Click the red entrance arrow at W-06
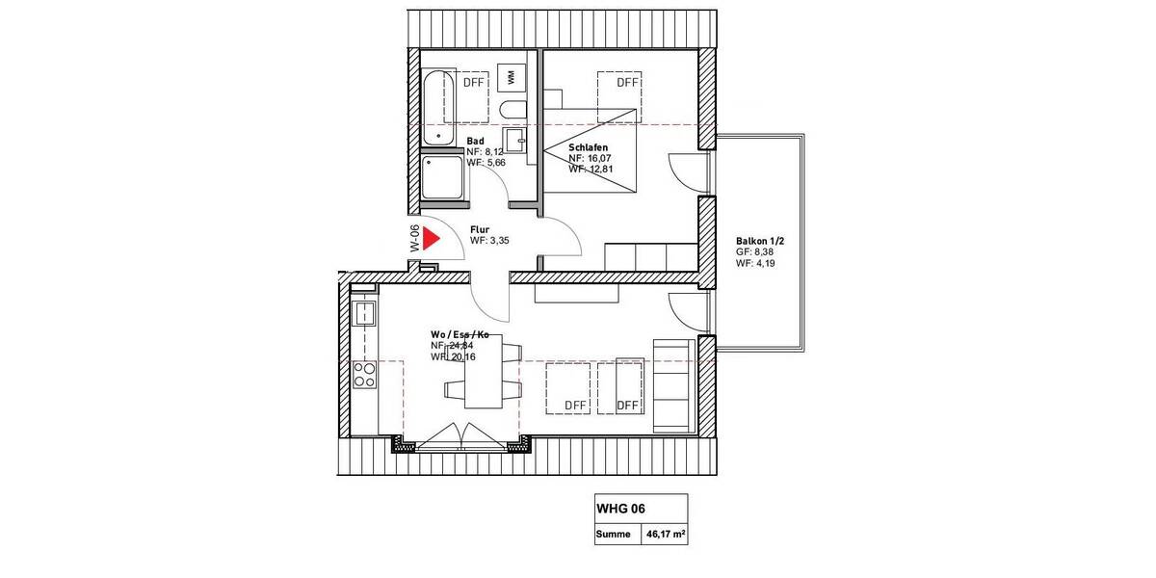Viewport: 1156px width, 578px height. [430, 239]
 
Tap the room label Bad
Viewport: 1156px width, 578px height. [475, 141]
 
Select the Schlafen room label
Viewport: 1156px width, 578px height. [588, 146]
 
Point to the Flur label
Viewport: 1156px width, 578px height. [479, 229]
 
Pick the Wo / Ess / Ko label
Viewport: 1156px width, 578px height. [460, 334]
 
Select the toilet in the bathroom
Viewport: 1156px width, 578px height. [512, 107]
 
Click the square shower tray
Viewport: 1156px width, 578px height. [443, 180]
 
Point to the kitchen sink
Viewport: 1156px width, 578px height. [365, 312]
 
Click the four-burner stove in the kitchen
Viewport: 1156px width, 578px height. [365, 374]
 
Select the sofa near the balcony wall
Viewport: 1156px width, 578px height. [673, 384]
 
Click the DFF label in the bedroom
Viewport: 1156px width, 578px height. [628, 83]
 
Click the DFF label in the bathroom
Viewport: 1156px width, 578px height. [474, 83]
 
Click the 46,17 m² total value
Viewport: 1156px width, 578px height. [664, 532]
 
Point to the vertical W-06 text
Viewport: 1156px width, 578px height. [413, 239]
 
